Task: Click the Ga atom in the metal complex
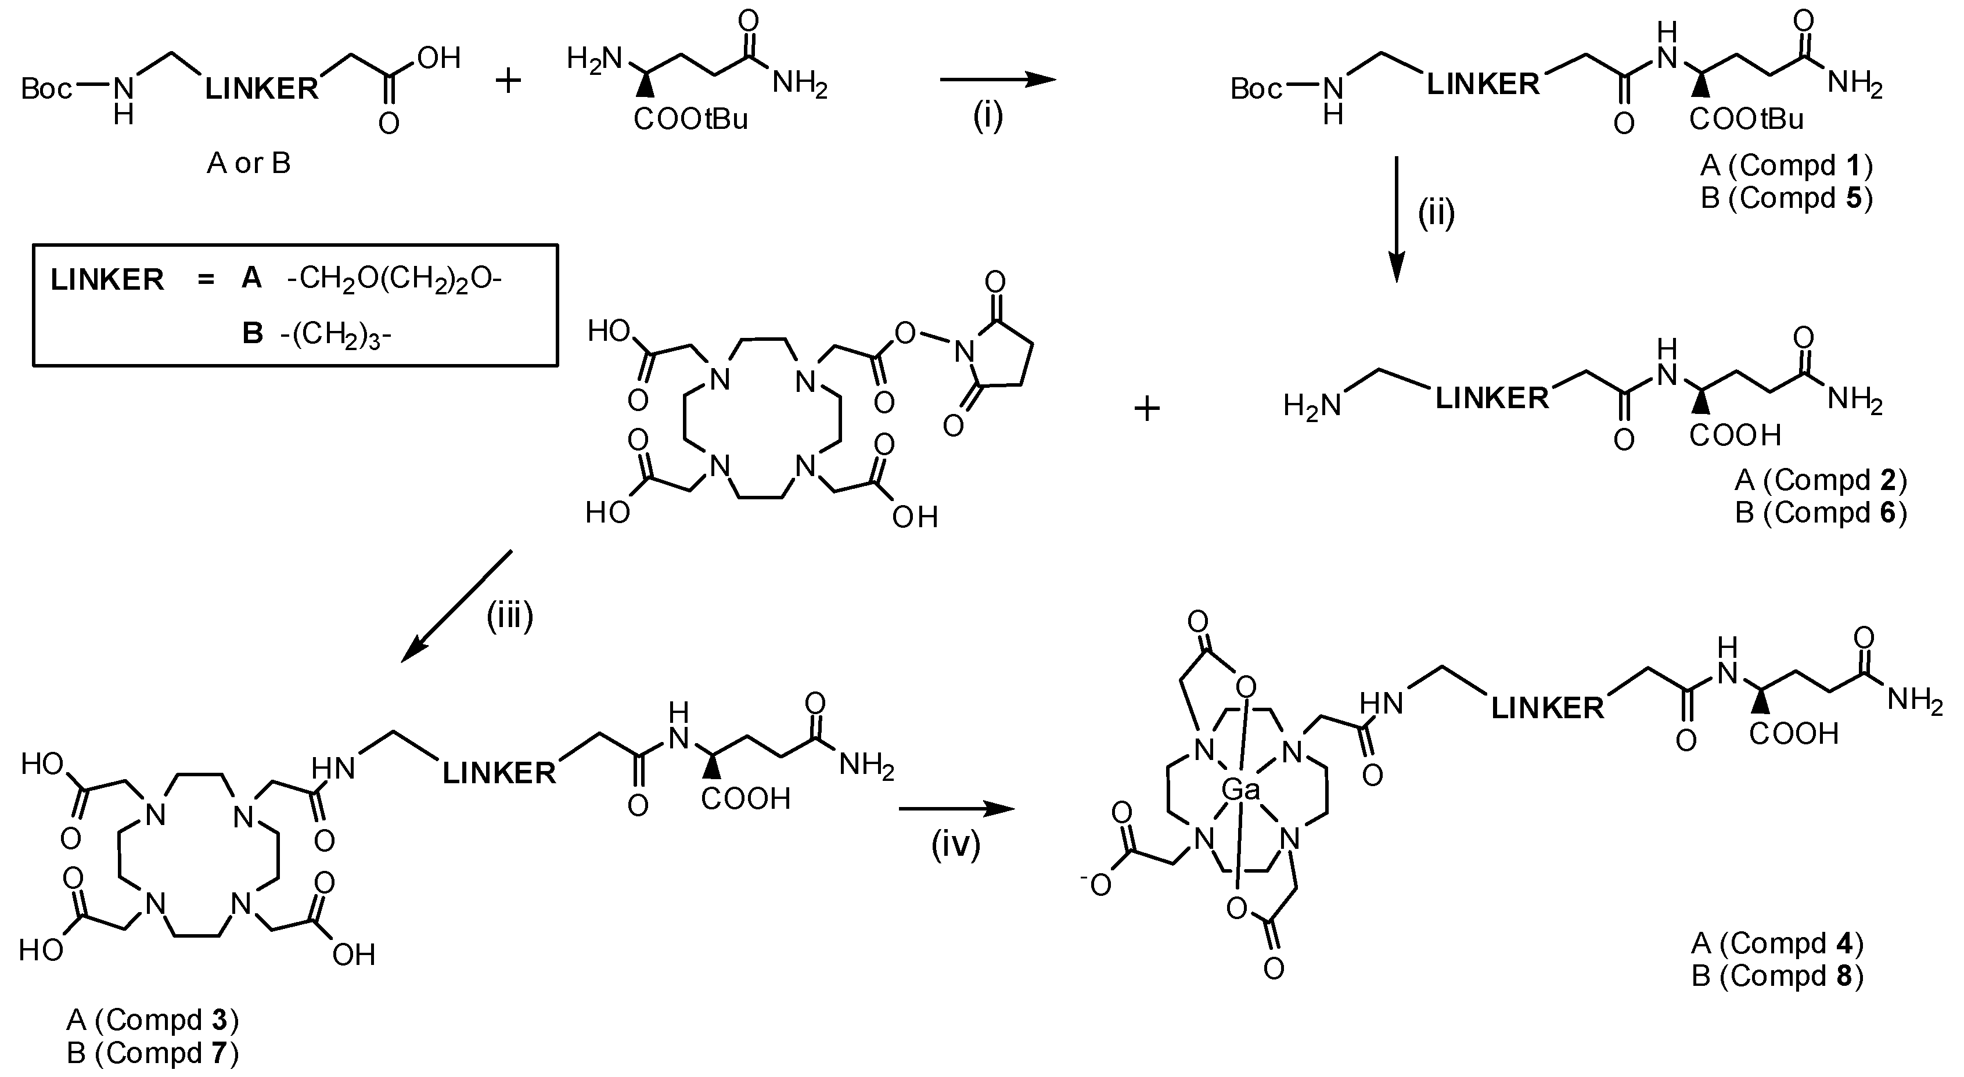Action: coord(1240,789)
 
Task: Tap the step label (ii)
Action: coord(1436,214)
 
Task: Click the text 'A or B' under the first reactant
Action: coord(249,163)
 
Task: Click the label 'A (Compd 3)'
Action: coord(153,1019)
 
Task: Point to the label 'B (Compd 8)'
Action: coord(1777,975)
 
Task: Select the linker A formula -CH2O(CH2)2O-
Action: coord(394,280)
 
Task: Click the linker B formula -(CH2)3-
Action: coord(341,334)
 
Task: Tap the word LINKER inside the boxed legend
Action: coord(107,280)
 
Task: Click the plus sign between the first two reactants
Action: coord(508,80)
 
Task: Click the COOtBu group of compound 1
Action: coord(1746,120)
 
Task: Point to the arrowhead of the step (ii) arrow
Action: coord(1396,271)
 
